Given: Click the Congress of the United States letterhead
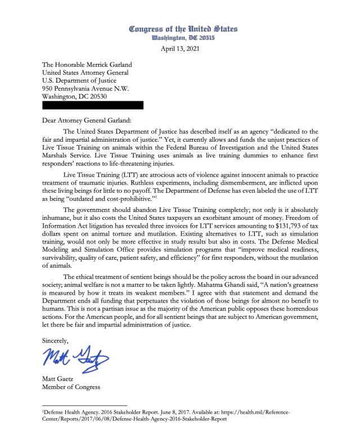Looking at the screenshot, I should pyautogui.click(x=183, y=29).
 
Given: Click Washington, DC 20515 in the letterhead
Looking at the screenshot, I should pyautogui.click(x=183, y=38).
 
